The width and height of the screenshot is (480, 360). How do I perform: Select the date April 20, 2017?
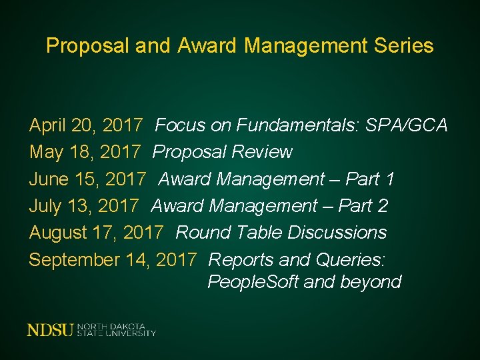tap(86, 125)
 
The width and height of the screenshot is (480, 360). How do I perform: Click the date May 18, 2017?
tap(85, 152)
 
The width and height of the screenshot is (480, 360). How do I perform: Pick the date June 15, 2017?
tap(87, 179)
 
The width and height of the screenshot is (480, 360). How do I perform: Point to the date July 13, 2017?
tap(84, 205)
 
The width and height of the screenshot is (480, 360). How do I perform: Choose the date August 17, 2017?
tap(96, 232)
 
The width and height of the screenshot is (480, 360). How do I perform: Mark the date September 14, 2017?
tap(113, 259)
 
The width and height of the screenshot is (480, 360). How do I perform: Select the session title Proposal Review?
tap(223, 152)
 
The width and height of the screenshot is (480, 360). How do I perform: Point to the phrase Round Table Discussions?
tap(281, 232)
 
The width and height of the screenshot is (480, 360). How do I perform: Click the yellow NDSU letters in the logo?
tap(51, 329)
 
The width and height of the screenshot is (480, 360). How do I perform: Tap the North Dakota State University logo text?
tap(117, 329)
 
